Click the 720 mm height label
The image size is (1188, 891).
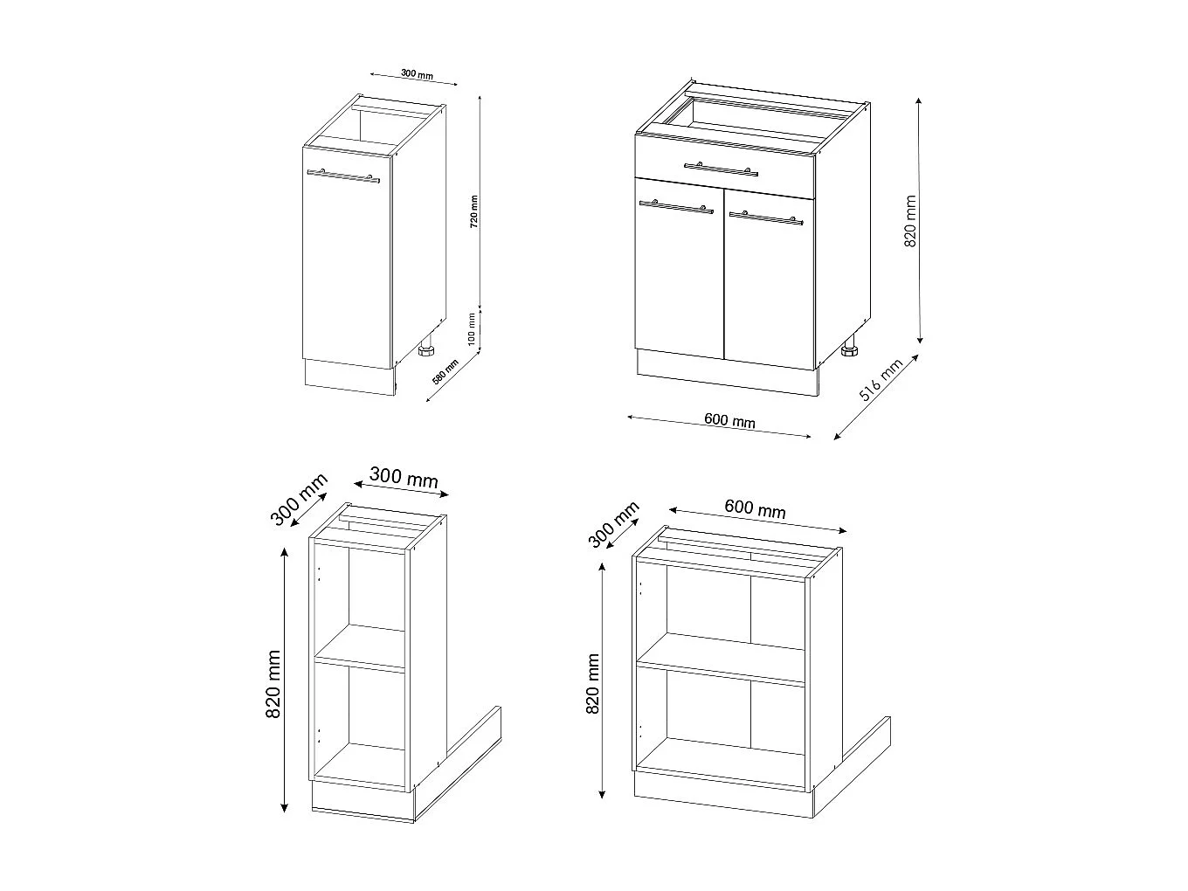pyautogui.click(x=473, y=209)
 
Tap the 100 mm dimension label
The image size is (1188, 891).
pyautogui.click(x=473, y=329)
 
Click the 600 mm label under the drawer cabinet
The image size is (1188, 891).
pyautogui.click(x=729, y=421)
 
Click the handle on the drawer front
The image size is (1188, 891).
pyautogui.click(x=722, y=168)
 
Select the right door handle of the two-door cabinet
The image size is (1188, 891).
pyautogui.click(x=766, y=216)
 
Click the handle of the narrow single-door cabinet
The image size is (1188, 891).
pyautogui.click(x=342, y=176)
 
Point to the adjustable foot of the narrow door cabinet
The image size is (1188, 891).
pyautogui.click(x=427, y=351)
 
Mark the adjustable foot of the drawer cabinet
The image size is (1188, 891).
pyautogui.click(x=848, y=352)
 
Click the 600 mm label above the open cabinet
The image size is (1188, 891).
pyautogui.click(x=755, y=508)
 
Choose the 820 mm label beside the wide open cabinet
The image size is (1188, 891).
pyautogui.click(x=593, y=684)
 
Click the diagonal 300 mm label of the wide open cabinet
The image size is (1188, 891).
pyautogui.click(x=614, y=524)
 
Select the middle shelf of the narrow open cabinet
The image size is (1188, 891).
pyautogui.click(x=361, y=660)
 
